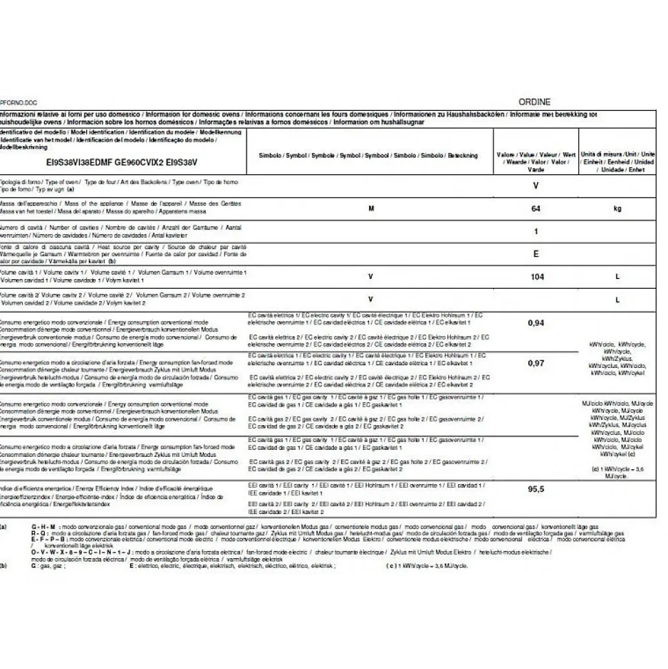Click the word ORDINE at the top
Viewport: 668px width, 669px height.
tap(534, 102)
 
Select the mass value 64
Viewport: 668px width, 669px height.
tap(536, 208)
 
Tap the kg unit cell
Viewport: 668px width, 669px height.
tap(617, 208)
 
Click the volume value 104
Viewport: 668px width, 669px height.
tap(536, 277)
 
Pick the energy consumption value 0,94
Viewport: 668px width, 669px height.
tap(536, 322)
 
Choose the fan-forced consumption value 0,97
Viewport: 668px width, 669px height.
tap(536, 363)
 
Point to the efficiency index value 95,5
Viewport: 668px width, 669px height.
tap(536, 489)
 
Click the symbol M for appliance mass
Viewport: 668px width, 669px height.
tap(370, 208)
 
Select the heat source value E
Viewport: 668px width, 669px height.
tap(536, 254)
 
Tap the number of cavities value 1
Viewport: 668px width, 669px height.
tap(536, 231)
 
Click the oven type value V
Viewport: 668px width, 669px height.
tap(536, 186)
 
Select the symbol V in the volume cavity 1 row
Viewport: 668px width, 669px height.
tap(370, 277)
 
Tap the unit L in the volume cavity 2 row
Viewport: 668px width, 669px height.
tap(617, 300)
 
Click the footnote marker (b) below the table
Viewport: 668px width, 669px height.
tap(3, 566)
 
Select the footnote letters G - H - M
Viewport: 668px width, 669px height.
tap(43, 526)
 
